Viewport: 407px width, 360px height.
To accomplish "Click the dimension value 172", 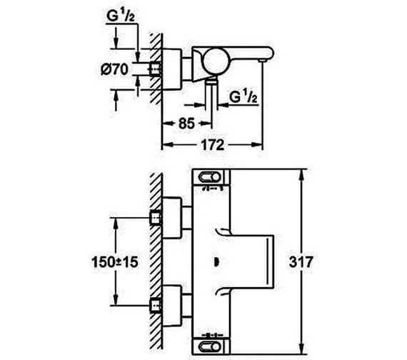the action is [213, 145].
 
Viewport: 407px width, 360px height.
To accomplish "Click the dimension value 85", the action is [186, 124].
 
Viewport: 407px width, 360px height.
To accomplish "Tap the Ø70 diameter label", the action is [114, 69].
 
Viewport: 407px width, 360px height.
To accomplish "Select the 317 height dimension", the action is [301, 262].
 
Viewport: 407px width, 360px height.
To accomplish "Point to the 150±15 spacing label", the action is [115, 262].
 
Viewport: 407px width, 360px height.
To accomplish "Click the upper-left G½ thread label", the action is [121, 16].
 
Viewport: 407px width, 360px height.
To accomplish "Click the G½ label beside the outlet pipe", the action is [243, 97].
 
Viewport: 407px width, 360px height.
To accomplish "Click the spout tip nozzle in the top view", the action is [263, 61].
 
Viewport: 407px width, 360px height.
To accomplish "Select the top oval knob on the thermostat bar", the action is [209, 177].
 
